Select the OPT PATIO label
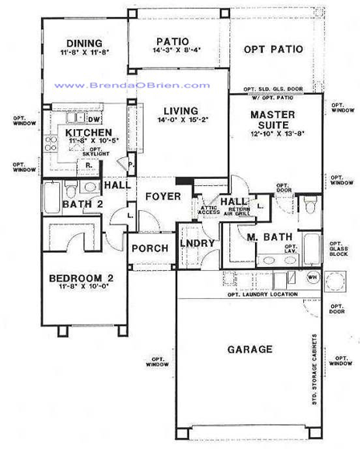pos(274,50)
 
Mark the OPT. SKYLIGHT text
pos(99,152)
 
